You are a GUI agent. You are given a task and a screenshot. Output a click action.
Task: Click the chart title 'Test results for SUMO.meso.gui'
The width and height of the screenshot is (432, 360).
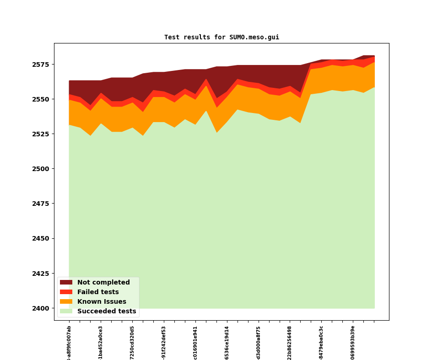point(221,37)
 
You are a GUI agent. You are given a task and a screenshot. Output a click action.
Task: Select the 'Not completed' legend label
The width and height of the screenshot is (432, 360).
point(103,282)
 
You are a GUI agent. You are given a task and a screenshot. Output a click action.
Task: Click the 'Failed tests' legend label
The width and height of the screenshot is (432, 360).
point(98,292)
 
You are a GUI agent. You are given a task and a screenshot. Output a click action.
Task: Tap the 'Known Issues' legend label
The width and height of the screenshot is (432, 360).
point(102,301)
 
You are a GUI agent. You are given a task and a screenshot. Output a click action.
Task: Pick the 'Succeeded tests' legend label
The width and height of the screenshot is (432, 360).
point(107,311)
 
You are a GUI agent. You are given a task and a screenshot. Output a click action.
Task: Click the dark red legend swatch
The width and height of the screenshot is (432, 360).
point(66,282)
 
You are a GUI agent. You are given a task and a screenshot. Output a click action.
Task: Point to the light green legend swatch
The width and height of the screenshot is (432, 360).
point(66,311)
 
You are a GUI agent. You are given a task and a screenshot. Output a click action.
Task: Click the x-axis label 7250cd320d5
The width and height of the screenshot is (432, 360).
point(132,343)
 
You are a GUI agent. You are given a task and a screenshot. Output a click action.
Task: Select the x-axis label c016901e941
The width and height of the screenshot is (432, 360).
point(195,343)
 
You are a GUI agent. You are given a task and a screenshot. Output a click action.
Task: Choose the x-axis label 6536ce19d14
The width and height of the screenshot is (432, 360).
point(227,343)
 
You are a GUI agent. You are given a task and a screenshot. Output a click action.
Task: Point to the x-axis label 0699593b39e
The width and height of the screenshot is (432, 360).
point(353,343)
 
